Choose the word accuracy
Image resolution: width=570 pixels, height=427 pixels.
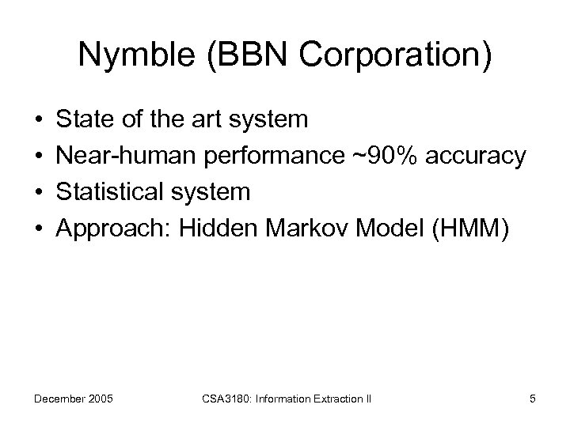tap(474, 157)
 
